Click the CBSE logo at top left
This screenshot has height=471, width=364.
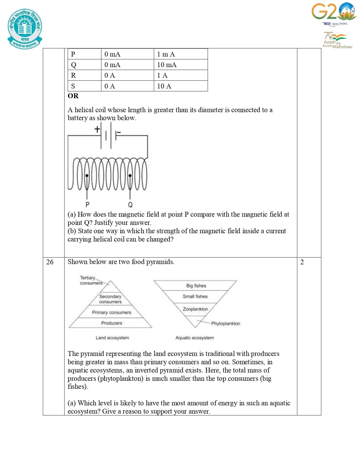25,29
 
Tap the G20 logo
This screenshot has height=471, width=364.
334,12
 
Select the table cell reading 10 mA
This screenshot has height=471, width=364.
167,65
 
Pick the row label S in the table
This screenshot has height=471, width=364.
73,86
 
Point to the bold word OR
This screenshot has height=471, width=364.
73,96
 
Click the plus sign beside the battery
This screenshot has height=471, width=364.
97,129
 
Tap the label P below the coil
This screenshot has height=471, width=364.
87,204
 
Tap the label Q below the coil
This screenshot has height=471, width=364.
130,204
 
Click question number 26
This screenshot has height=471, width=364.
50,262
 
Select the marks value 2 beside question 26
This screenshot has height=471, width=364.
302,262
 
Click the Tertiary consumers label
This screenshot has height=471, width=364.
91,280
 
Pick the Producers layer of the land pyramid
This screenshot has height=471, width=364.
112,323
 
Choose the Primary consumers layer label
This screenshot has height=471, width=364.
112,313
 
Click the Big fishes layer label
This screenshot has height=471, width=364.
196,286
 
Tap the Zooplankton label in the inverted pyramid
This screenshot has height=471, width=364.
195,309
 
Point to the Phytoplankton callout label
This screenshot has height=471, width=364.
226,323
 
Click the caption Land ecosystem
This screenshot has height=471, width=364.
112,338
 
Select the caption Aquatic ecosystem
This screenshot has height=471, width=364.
194,338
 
